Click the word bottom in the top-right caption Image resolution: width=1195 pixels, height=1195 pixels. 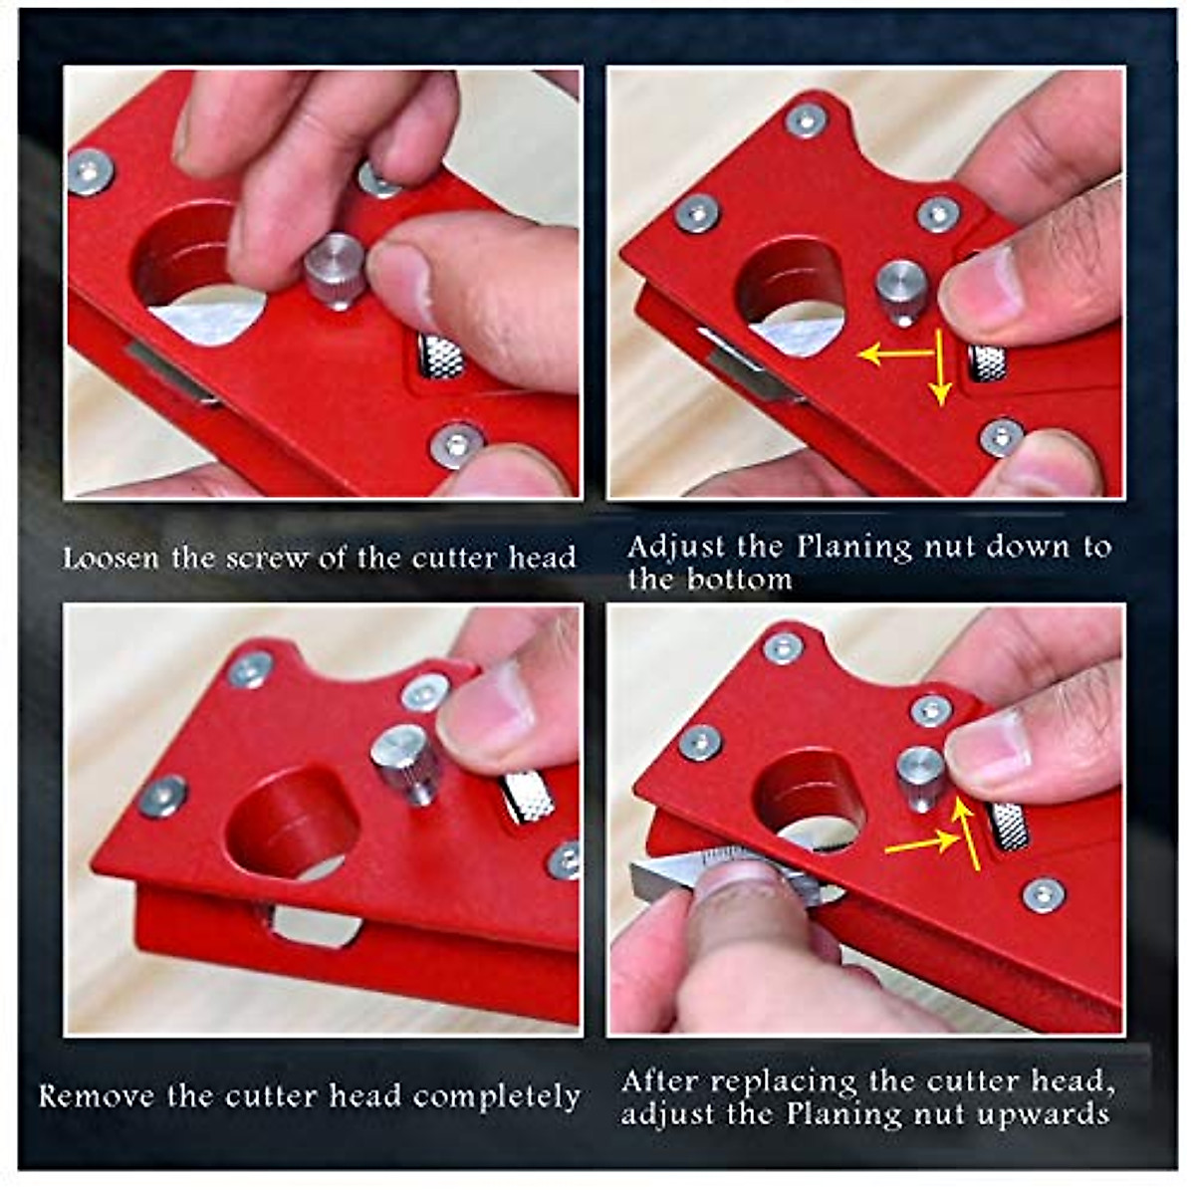(738, 579)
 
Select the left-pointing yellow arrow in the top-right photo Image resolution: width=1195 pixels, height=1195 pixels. (891, 354)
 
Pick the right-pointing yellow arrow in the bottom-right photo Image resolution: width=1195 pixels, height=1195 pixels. (921, 844)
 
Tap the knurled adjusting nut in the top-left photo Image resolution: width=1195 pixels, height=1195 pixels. (440, 357)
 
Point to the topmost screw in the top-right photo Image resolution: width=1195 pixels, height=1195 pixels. (806, 120)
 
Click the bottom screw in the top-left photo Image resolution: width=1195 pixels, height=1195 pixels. (457, 444)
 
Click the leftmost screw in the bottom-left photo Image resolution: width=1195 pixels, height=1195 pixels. (161, 796)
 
